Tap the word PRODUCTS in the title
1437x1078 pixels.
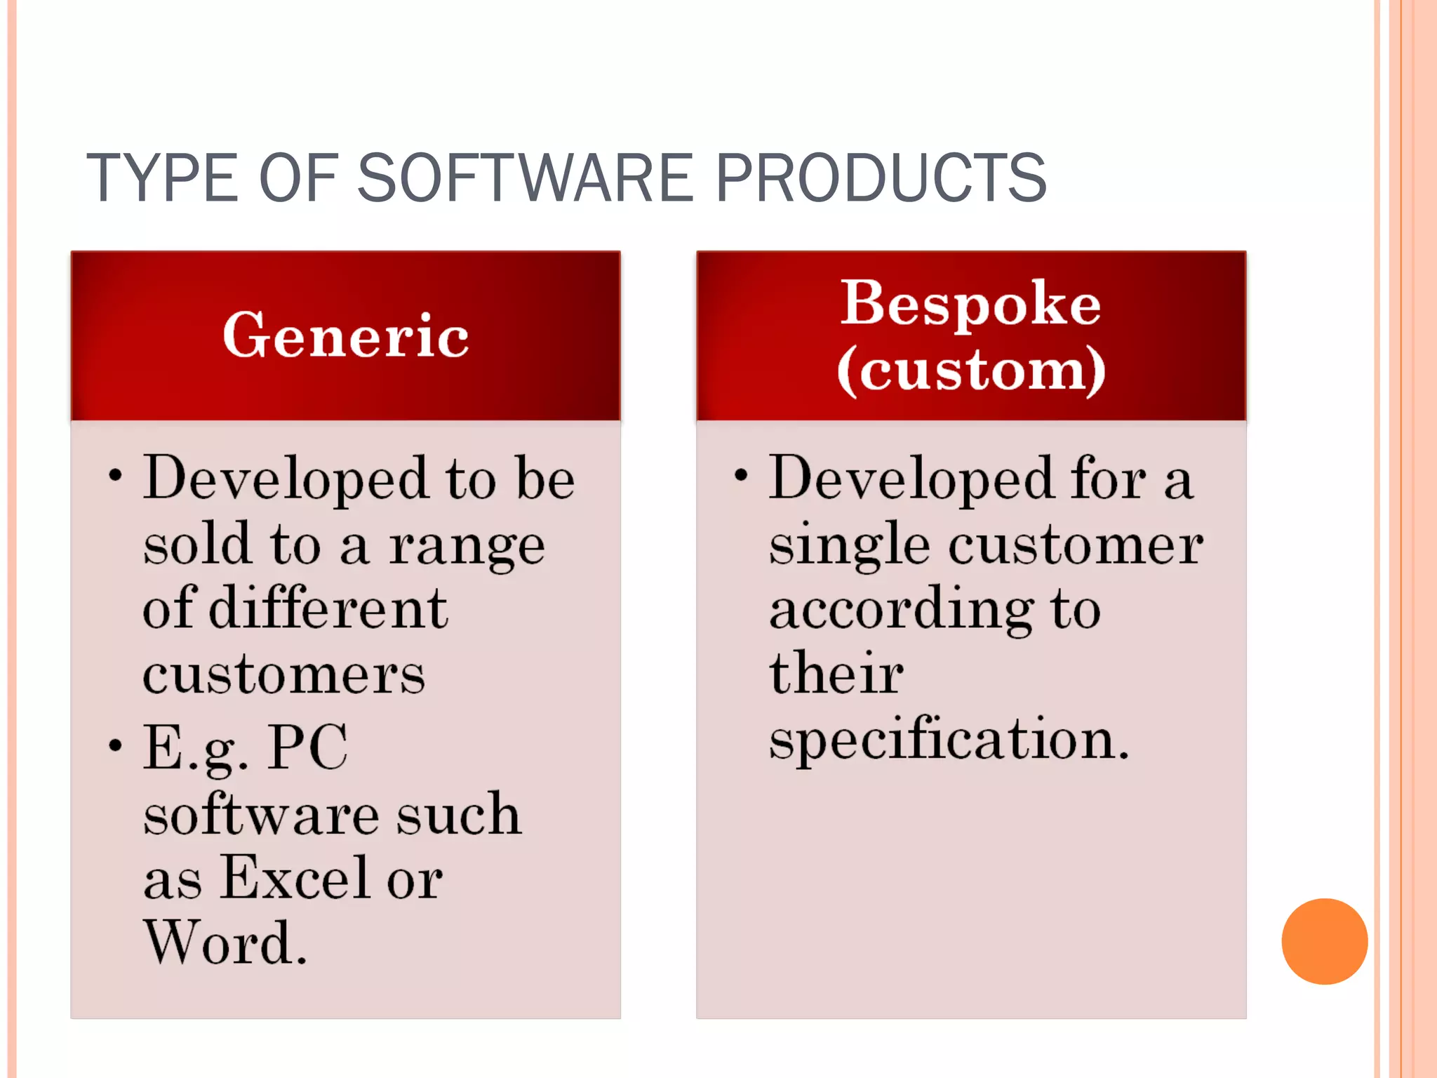pos(881,178)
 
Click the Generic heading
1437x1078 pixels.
pos(345,335)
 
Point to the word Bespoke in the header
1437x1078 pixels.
pos(970,303)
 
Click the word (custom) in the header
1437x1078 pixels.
pos(971,370)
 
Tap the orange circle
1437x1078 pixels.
pos(1324,941)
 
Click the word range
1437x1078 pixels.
pos(467,546)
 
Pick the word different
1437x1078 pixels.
pos(328,608)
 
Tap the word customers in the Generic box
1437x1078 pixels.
pos(283,674)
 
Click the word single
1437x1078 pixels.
pos(850,546)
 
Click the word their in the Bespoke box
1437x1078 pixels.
pos(836,674)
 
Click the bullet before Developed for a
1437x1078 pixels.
pos(741,475)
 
